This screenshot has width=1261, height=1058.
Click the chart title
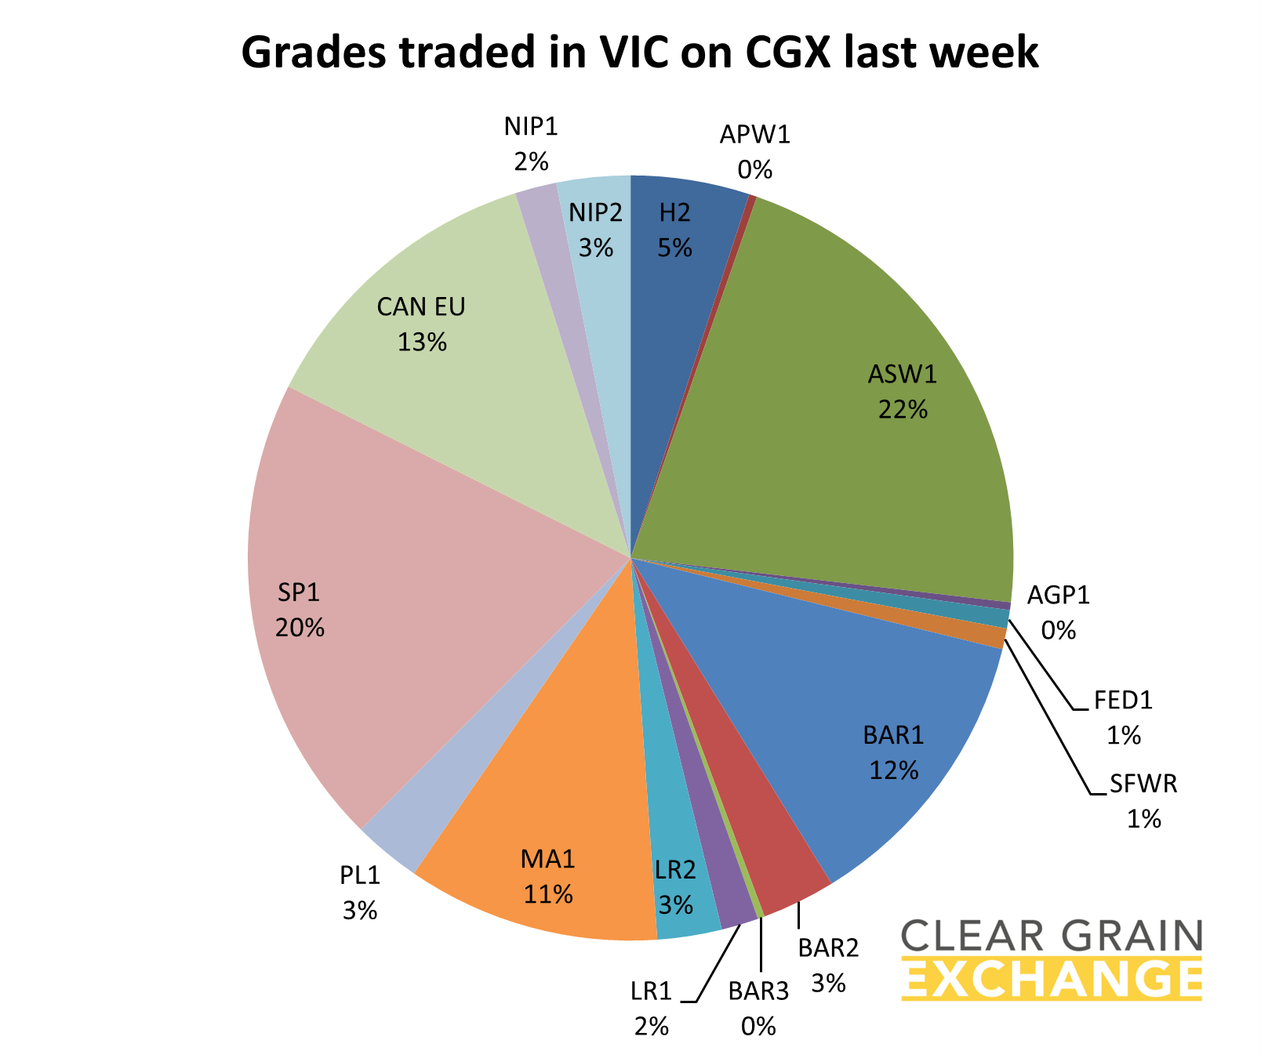(639, 54)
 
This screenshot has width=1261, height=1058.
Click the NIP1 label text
(531, 125)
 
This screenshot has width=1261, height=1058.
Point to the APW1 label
(754, 136)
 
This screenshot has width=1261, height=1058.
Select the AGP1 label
(1058, 596)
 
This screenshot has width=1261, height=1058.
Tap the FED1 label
(1123, 701)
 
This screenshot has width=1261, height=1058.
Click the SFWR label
(1143, 784)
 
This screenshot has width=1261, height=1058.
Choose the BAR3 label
(758, 991)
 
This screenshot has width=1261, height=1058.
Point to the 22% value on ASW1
(903, 409)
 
